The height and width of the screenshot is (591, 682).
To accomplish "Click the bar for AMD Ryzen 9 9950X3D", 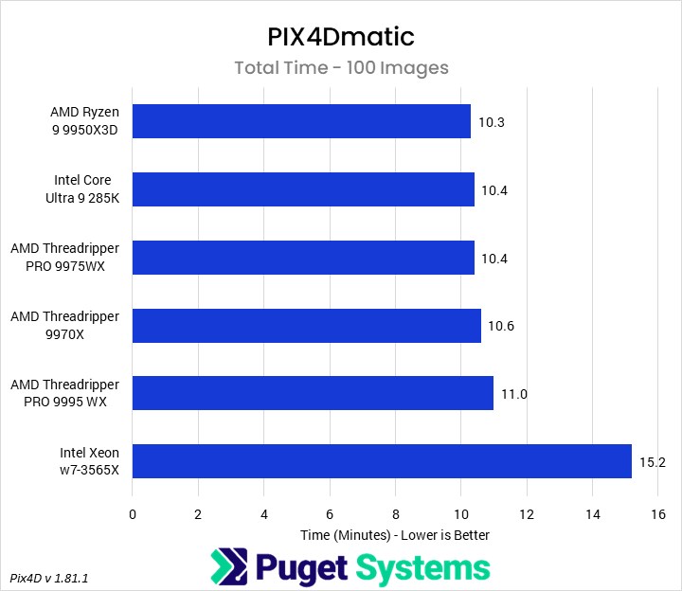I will point(301,121).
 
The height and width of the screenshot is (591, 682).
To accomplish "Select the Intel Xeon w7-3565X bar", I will point(382,461).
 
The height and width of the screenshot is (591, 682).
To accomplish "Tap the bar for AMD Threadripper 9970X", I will point(307,326).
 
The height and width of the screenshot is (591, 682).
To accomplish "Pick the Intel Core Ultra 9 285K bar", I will point(303,189).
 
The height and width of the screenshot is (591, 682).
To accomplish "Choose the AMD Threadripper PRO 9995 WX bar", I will point(313,394).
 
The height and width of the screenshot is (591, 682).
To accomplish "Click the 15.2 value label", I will point(654,462).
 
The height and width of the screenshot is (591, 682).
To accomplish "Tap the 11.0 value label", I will point(515,395).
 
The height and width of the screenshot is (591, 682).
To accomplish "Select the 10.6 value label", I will point(502,327).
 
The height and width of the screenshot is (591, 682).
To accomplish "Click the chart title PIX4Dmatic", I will point(341,37).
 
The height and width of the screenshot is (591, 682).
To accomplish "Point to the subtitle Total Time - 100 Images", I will point(341,68).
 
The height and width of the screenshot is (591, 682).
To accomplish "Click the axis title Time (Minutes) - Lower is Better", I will point(395,535).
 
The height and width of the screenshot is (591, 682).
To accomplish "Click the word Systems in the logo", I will point(422,567).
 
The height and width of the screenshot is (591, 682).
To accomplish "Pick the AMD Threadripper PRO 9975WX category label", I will point(65,258).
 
